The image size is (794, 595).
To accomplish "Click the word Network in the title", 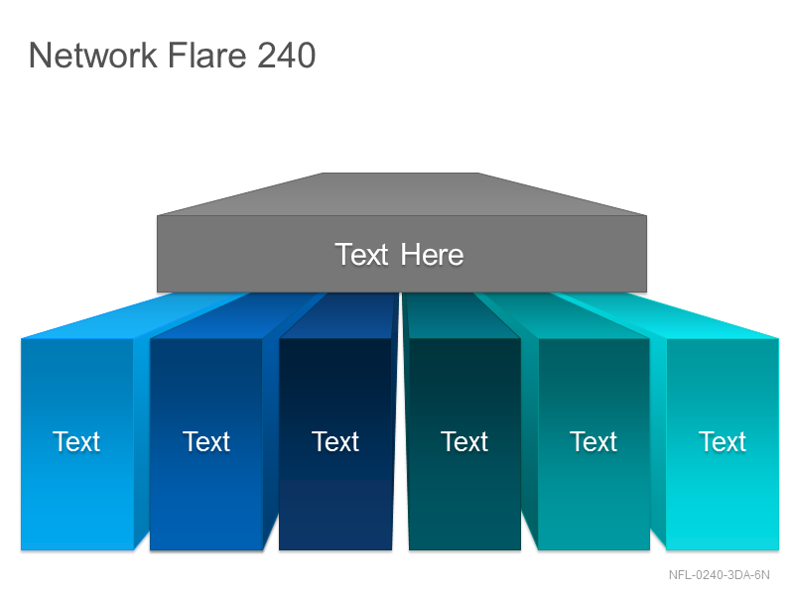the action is click(93, 55).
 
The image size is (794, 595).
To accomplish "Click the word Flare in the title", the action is click(207, 55).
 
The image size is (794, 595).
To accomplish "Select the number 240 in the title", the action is click(286, 55).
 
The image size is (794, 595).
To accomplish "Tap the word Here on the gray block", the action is click(432, 254).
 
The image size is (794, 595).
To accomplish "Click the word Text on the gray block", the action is click(361, 254).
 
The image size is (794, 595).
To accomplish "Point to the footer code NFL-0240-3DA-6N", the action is click(719, 575).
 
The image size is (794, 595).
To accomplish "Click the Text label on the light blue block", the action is click(76, 441).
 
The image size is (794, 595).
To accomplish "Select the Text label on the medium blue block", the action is click(206, 441).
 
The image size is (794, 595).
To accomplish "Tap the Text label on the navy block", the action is click(335, 441).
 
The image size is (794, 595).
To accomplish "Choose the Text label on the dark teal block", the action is click(464, 441).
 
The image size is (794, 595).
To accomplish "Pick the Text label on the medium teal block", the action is click(594, 441).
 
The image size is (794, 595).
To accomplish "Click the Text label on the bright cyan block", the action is click(723, 441).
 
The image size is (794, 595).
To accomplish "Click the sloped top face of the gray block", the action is click(402, 194).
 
